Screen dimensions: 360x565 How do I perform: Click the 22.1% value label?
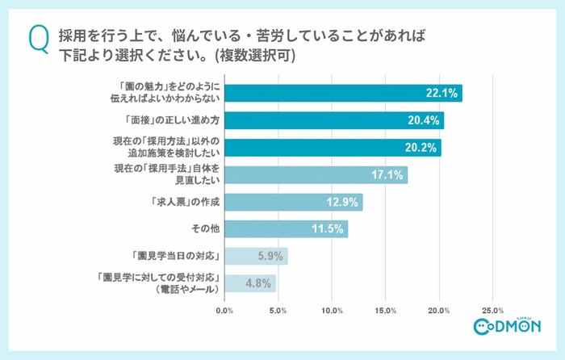click(442, 94)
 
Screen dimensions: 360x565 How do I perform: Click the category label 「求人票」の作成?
click(182, 202)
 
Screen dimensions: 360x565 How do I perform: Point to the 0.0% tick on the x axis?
click(225, 309)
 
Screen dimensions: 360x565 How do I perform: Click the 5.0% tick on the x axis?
click(278, 309)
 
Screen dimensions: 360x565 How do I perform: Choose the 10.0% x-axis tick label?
click(332, 309)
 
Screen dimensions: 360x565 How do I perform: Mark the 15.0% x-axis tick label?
click(386, 309)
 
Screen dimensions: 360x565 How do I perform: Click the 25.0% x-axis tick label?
click(492, 309)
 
